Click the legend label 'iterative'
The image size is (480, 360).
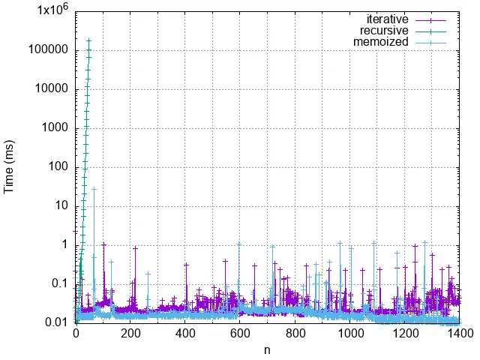click(x=387, y=19)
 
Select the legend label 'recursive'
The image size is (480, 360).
click(x=384, y=31)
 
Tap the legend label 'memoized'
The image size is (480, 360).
click(x=381, y=42)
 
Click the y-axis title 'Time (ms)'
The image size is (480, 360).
click(x=10, y=166)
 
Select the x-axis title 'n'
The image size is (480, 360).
click(x=267, y=349)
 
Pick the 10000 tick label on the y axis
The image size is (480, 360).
click(x=51, y=89)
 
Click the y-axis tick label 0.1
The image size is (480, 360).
click(x=60, y=283)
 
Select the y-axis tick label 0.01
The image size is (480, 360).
click(x=57, y=322)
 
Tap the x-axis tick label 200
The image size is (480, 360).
click(x=130, y=334)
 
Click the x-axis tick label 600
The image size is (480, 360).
click(x=240, y=334)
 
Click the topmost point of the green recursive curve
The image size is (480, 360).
click(x=88, y=40)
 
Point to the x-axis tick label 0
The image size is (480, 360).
click(x=76, y=334)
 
